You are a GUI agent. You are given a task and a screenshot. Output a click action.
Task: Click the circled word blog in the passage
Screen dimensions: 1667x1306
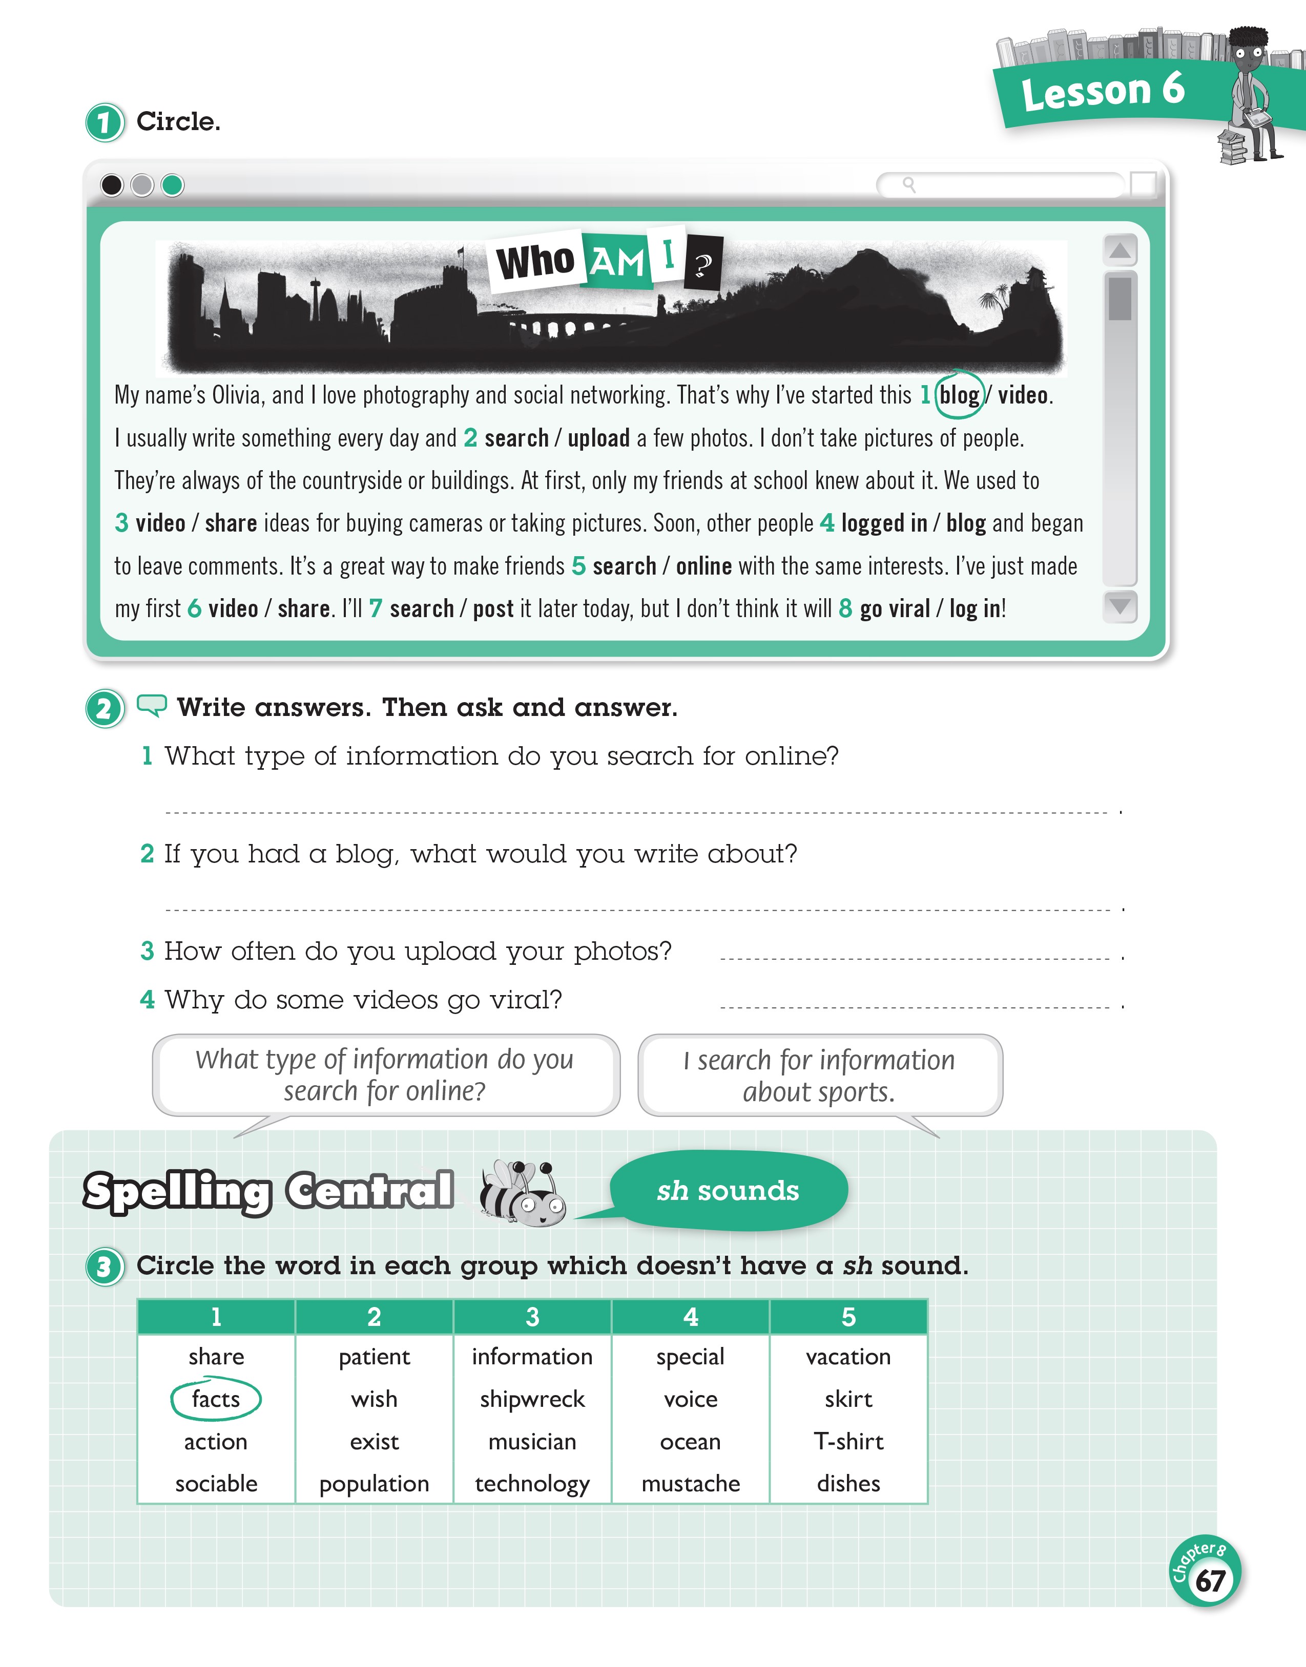click(x=959, y=395)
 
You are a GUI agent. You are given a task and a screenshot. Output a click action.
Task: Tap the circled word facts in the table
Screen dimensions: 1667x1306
click(x=216, y=1399)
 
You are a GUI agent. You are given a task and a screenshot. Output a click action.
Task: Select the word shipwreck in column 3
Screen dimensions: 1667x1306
click(x=532, y=1399)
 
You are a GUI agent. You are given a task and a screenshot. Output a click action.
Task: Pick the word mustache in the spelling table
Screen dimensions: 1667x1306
click(x=691, y=1484)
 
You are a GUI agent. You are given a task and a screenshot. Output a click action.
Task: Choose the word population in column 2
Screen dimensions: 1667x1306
click(x=374, y=1484)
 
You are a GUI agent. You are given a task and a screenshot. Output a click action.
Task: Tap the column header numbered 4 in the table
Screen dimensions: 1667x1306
click(x=691, y=1317)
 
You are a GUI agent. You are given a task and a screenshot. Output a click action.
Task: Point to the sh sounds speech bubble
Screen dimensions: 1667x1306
click(x=728, y=1191)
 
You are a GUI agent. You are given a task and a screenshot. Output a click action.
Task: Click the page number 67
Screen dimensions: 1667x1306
click(x=1210, y=1580)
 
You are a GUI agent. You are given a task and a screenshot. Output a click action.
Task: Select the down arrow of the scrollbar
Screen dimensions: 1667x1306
click(x=1120, y=606)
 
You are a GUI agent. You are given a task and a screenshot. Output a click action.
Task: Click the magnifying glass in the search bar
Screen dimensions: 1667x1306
click(x=908, y=184)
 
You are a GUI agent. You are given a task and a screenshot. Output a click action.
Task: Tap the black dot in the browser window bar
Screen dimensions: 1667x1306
click(x=112, y=185)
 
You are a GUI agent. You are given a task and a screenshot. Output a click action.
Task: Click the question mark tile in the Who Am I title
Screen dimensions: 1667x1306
click(x=703, y=264)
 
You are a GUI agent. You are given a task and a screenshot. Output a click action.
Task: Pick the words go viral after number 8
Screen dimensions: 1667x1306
click(x=895, y=609)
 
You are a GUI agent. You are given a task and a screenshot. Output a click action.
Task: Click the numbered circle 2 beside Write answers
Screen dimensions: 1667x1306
click(x=104, y=708)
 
